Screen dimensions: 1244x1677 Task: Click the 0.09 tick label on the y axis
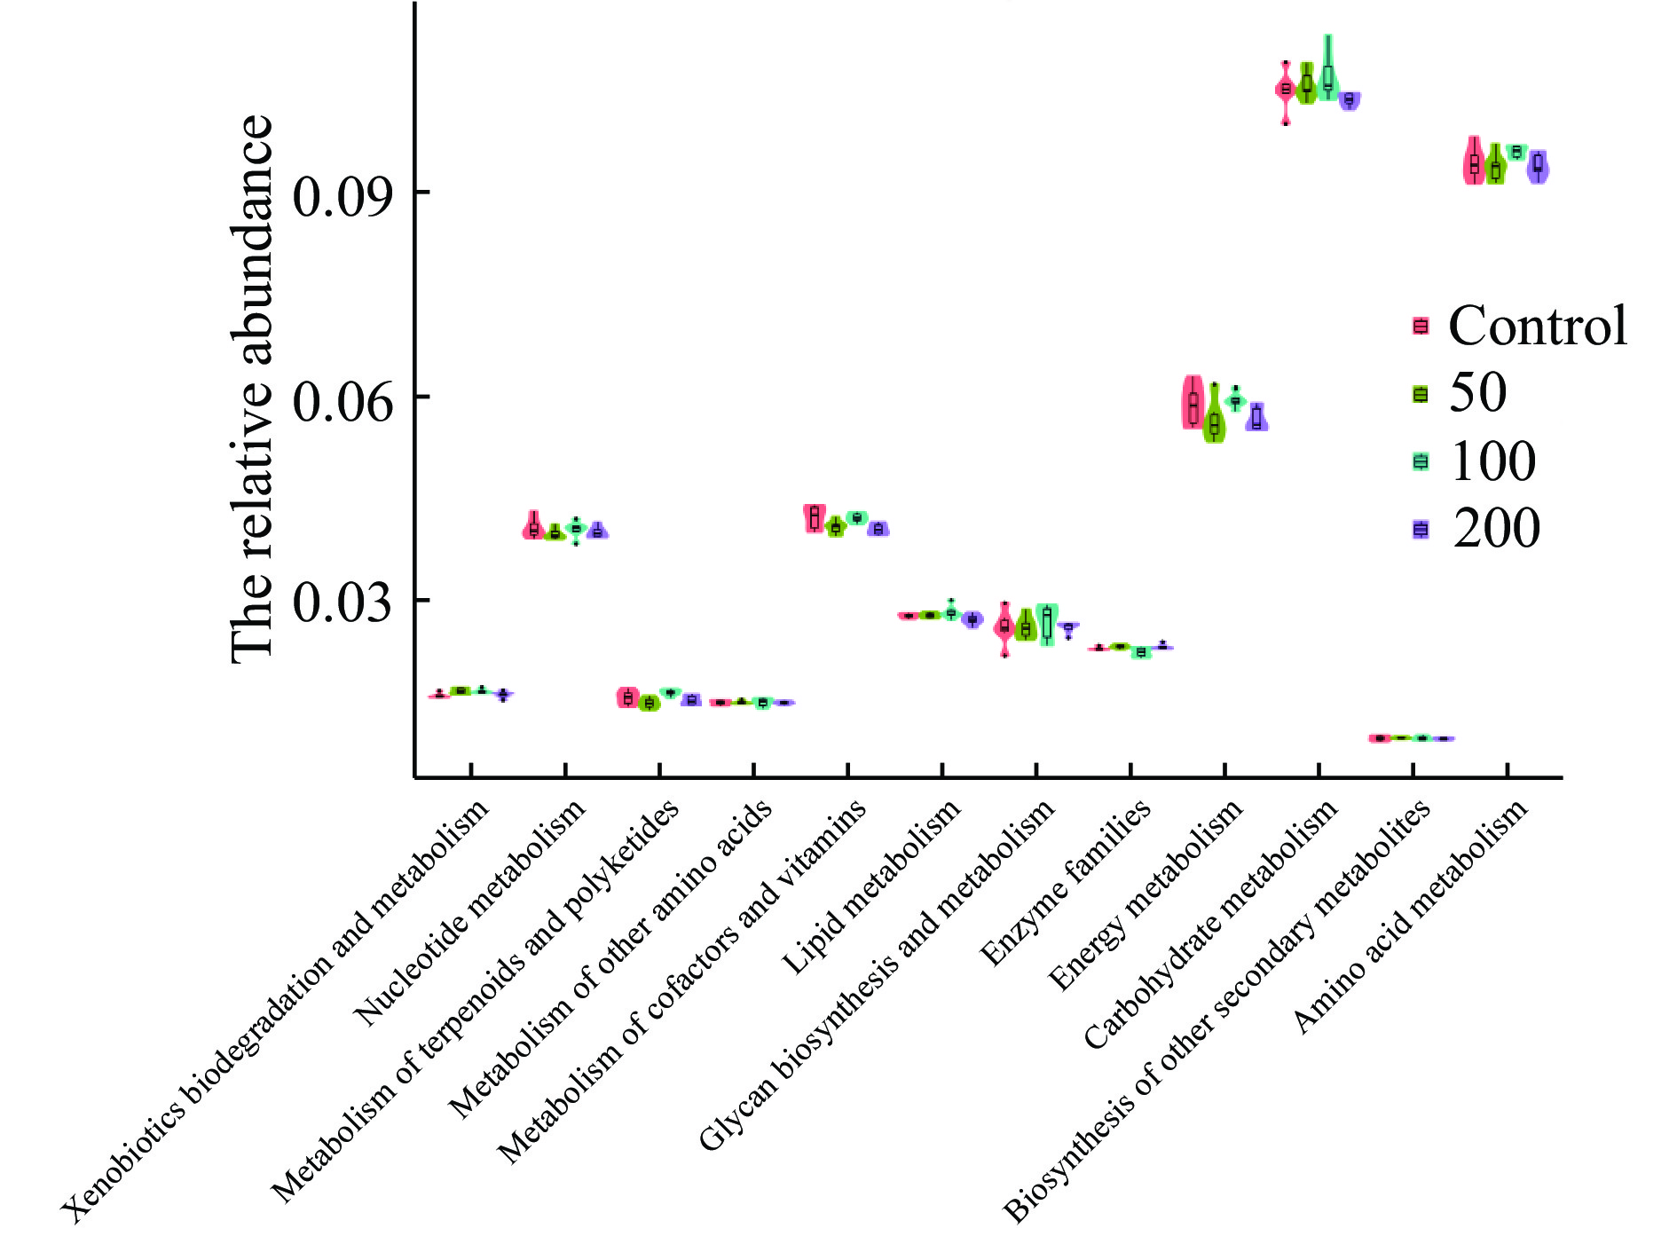pyautogui.click(x=342, y=196)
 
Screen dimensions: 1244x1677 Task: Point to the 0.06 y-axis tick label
pyautogui.click(x=342, y=400)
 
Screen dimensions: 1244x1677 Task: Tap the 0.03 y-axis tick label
pyautogui.click(x=342, y=603)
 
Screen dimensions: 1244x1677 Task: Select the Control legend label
pyautogui.click(x=1538, y=326)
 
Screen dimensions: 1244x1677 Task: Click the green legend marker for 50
pyautogui.click(x=1421, y=394)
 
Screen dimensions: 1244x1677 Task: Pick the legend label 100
pyautogui.click(x=1493, y=461)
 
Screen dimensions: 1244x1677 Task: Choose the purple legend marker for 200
pyautogui.click(x=1421, y=530)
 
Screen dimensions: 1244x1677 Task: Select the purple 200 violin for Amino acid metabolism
pyautogui.click(x=1538, y=166)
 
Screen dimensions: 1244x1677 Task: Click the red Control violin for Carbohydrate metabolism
pyautogui.click(x=1285, y=90)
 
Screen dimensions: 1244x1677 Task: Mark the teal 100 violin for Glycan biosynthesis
pyautogui.click(x=1047, y=624)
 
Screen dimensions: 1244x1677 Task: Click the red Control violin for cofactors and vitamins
pyautogui.click(x=814, y=517)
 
